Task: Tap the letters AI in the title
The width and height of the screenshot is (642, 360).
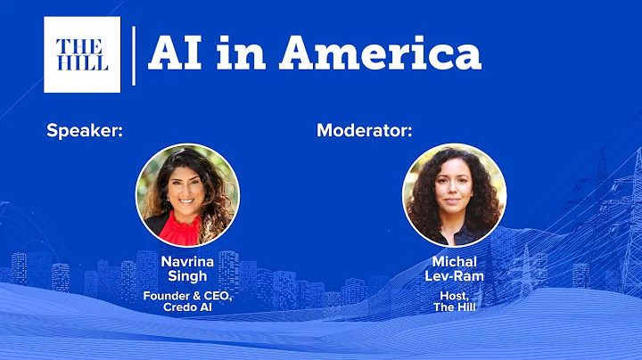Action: pos(175,54)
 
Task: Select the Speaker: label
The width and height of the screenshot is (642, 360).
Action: pos(84,132)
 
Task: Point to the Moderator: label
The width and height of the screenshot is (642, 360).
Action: pos(365,132)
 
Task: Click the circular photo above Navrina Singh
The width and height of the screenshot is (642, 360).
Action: pos(187,194)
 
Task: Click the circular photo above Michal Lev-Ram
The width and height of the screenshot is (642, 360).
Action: pos(454,194)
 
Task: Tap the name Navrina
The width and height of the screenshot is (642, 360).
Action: pos(187,261)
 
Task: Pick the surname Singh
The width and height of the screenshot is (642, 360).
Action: pos(187,277)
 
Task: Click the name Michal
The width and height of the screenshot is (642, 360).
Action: pos(455,261)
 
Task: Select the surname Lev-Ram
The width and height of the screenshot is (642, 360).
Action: pos(455,277)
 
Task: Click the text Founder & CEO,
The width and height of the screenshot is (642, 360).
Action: pos(187,295)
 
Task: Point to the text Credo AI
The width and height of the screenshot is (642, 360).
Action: pos(187,308)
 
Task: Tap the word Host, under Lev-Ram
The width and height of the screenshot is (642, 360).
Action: pos(455,295)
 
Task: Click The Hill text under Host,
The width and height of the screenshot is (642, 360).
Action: pos(455,308)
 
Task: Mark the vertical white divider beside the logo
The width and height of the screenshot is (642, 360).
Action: pos(134,55)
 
